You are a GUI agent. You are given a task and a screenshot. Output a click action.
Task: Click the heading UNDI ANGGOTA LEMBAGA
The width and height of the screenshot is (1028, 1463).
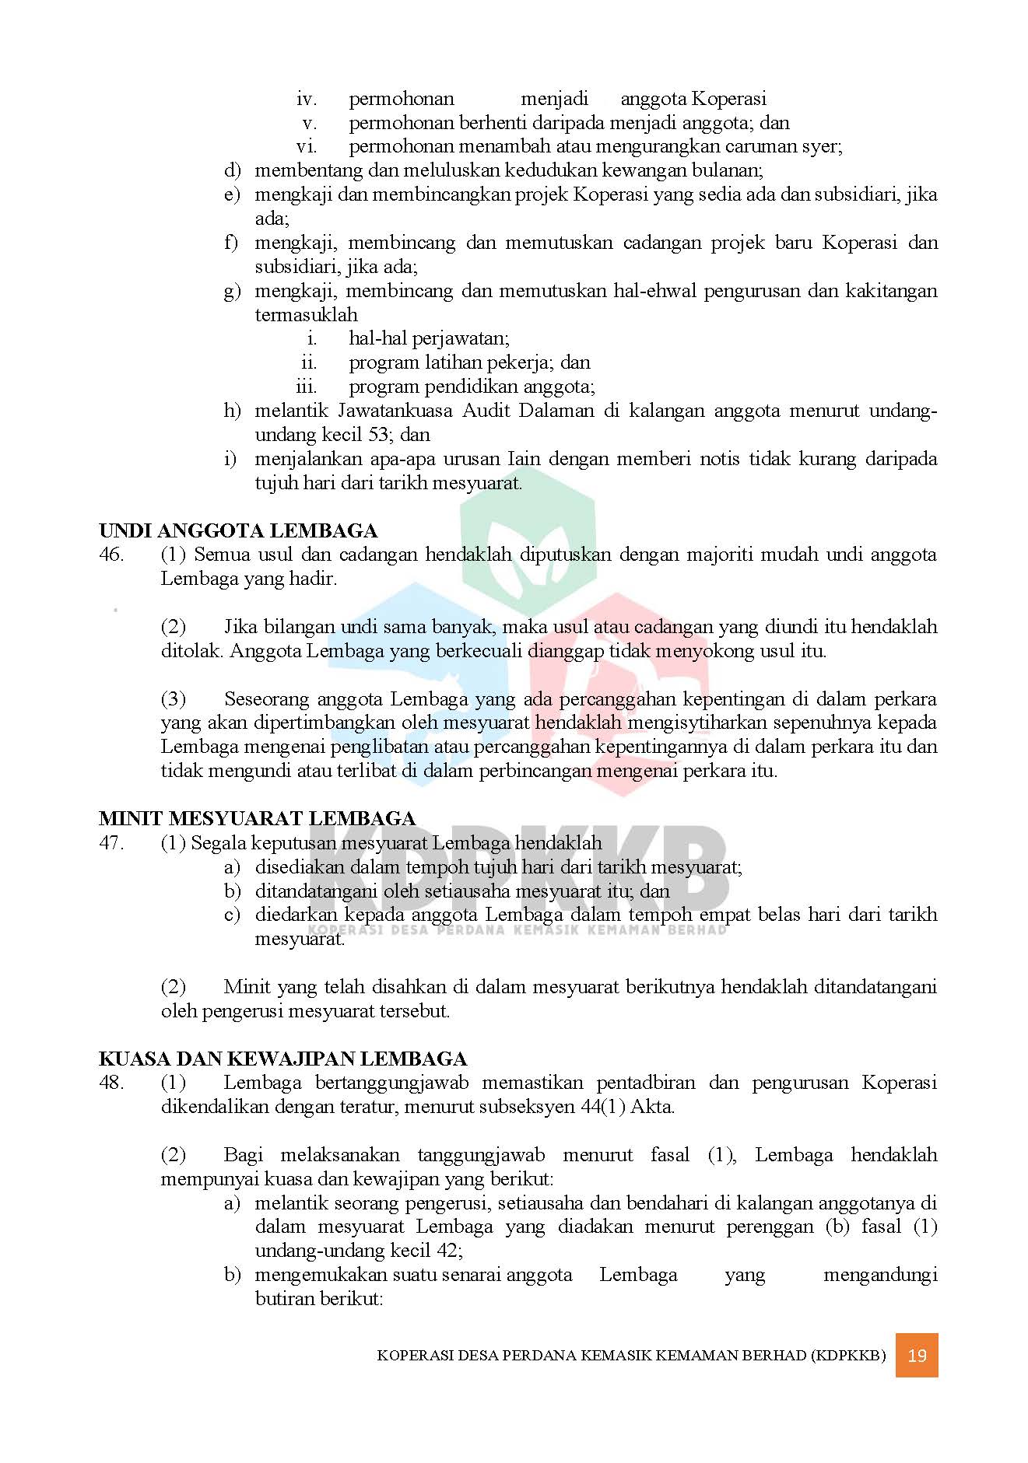point(238,531)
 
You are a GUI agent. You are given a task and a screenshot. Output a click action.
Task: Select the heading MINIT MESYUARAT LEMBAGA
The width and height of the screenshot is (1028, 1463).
point(257,819)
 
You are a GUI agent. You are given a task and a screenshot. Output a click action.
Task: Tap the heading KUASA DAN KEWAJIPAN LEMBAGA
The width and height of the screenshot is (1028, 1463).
point(282,1059)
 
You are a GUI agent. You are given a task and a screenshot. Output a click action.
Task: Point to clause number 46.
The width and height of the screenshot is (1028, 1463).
point(111,555)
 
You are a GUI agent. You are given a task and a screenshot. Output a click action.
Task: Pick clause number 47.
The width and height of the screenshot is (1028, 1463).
point(111,843)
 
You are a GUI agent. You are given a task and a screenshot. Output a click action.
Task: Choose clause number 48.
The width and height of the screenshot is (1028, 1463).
point(111,1083)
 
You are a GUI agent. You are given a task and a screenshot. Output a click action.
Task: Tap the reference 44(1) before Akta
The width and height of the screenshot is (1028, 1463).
point(602,1108)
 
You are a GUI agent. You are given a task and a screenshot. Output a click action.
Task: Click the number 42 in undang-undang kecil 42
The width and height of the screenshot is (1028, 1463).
point(450,1251)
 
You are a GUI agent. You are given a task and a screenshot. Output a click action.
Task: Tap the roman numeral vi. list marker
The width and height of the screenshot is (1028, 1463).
point(307,146)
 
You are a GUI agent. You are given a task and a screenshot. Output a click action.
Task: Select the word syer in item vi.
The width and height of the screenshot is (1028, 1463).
point(822,146)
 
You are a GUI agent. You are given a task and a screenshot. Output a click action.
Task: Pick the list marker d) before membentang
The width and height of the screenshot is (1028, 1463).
point(232,170)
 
